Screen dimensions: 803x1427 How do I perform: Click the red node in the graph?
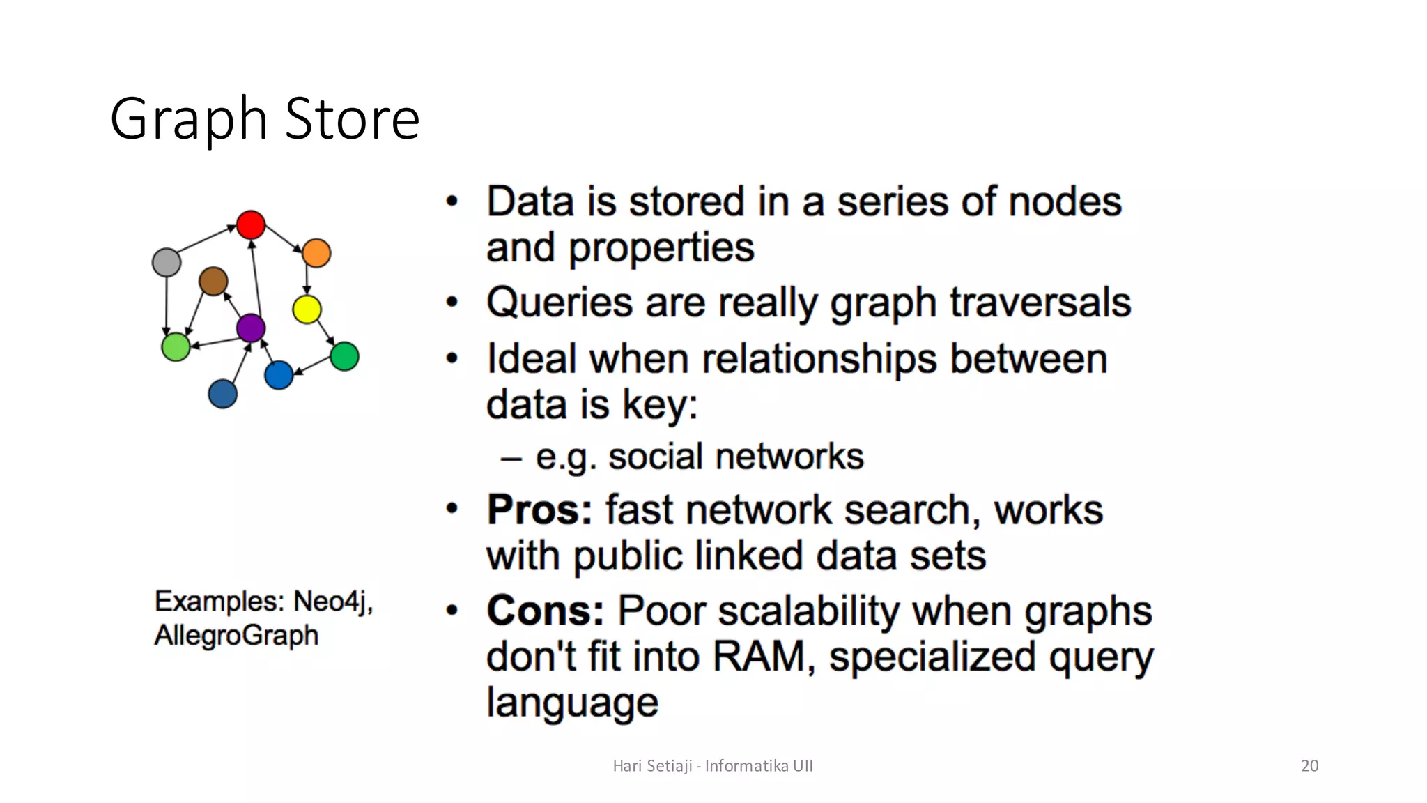click(x=251, y=225)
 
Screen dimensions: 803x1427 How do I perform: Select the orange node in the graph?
click(x=316, y=253)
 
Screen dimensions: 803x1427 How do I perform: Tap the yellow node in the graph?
click(x=307, y=309)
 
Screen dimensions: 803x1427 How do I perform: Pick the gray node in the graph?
click(x=167, y=263)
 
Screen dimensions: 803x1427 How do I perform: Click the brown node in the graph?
click(x=213, y=281)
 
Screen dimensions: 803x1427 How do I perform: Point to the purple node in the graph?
click(x=251, y=328)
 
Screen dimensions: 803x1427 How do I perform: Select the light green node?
click(x=176, y=346)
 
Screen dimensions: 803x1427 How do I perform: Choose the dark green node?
click(x=344, y=356)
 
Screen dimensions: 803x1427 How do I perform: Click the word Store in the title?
click(x=352, y=119)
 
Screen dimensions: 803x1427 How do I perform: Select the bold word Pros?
click(x=539, y=510)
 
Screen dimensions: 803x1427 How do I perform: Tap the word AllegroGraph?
click(x=236, y=636)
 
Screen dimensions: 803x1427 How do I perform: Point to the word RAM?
click(x=758, y=657)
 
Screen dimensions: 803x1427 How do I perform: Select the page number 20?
click(x=1309, y=765)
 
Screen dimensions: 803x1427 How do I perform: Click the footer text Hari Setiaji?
click(x=652, y=765)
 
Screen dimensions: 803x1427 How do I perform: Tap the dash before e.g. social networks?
click(x=511, y=459)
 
